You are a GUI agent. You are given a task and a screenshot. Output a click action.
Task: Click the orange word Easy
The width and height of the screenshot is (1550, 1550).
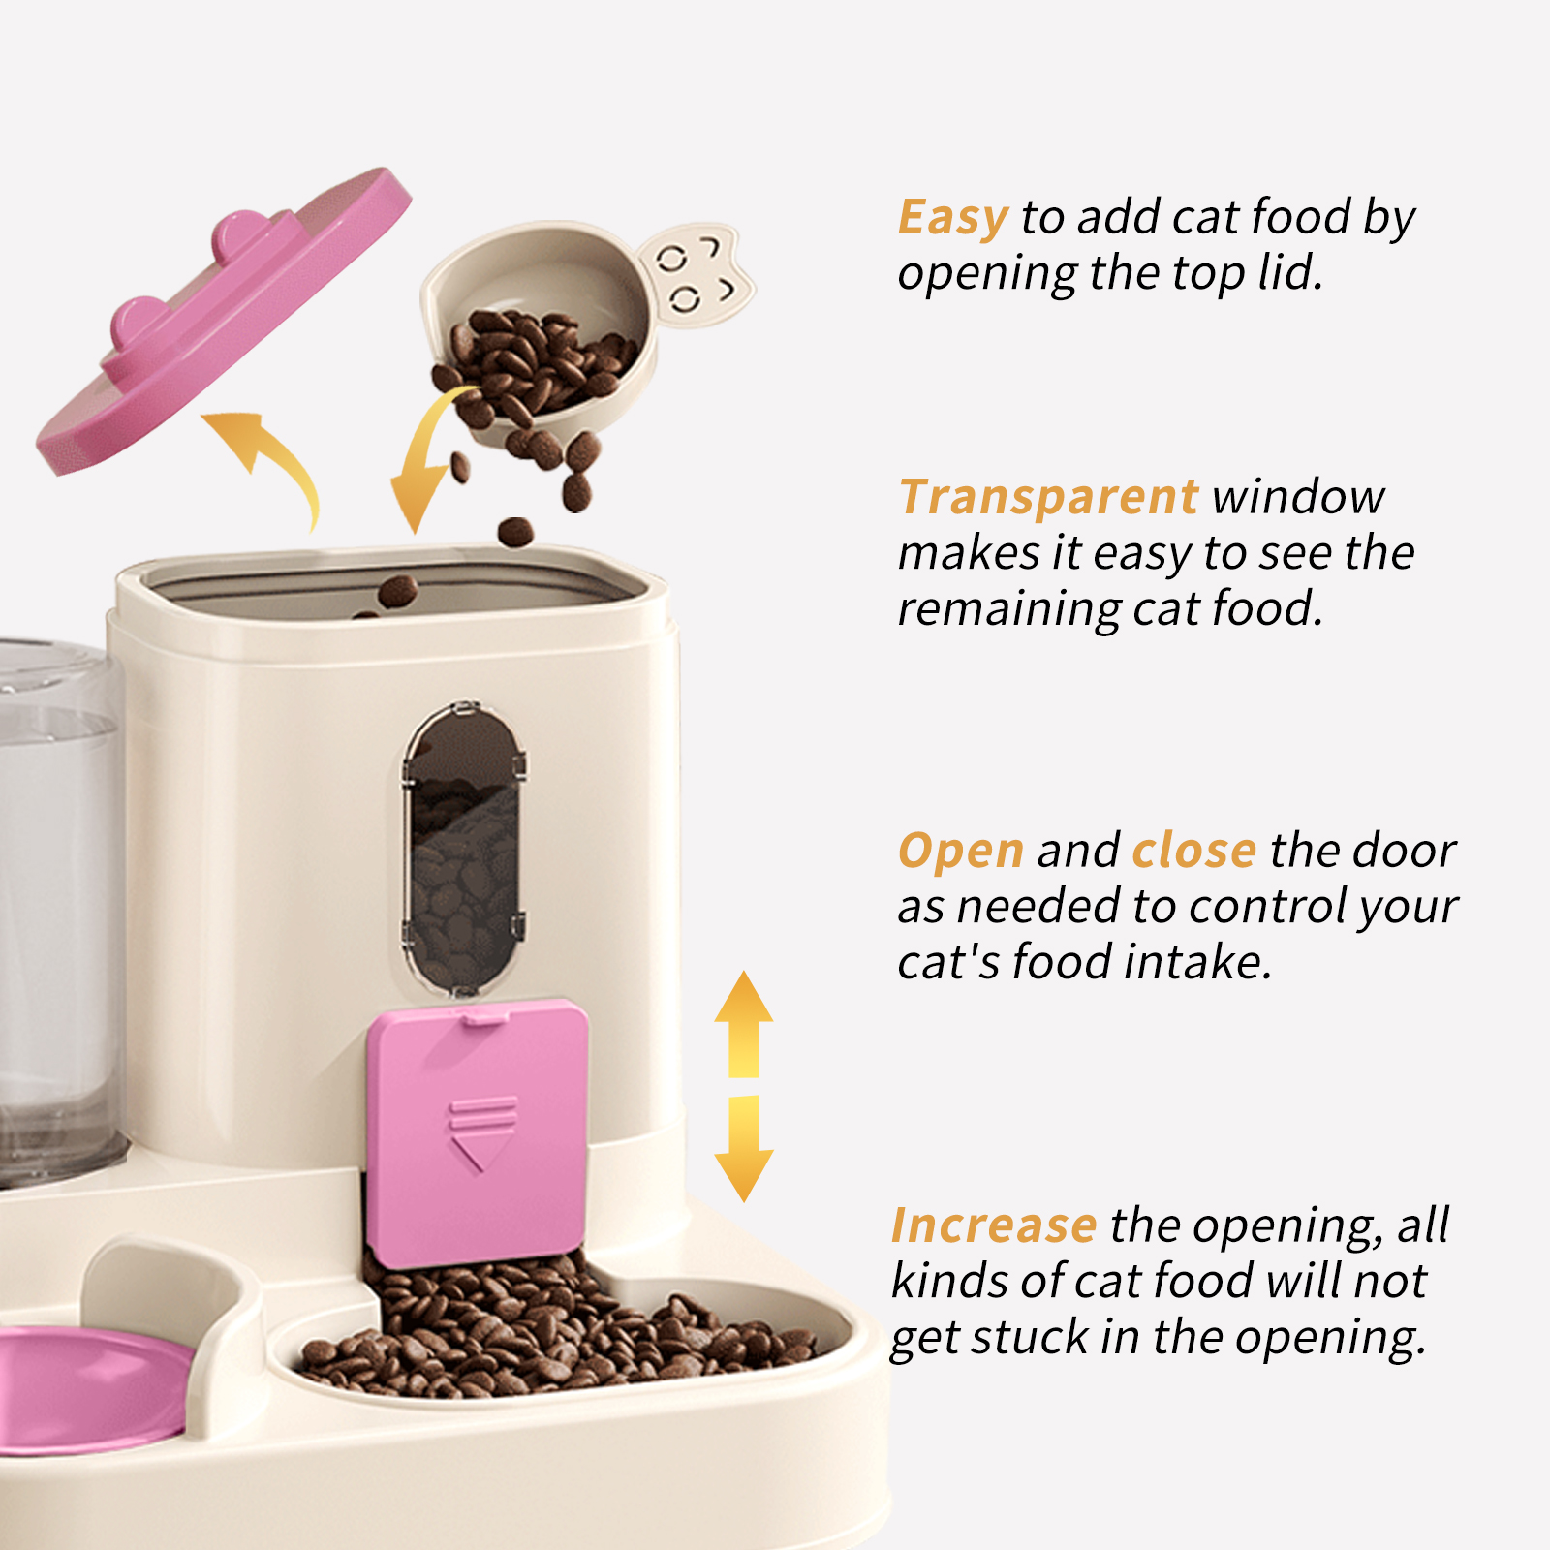click(952, 217)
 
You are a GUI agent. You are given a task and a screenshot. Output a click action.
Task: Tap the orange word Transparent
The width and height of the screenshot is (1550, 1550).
click(1048, 498)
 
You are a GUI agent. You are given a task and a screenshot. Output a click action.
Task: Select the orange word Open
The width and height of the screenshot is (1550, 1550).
click(960, 852)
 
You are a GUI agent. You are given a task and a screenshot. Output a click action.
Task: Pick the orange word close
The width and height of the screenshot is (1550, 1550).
click(1193, 852)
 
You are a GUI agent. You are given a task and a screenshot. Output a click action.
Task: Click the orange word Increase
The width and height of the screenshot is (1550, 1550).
click(993, 1225)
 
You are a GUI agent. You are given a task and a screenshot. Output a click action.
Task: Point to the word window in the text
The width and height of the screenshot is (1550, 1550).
click(1298, 498)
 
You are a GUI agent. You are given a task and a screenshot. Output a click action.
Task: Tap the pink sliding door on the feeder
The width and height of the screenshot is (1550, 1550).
click(478, 1133)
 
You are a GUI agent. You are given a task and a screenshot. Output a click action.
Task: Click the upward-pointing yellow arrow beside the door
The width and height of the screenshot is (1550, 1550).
click(743, 1022)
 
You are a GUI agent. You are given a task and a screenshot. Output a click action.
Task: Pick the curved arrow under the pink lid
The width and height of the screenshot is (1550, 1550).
click(271, 460)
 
